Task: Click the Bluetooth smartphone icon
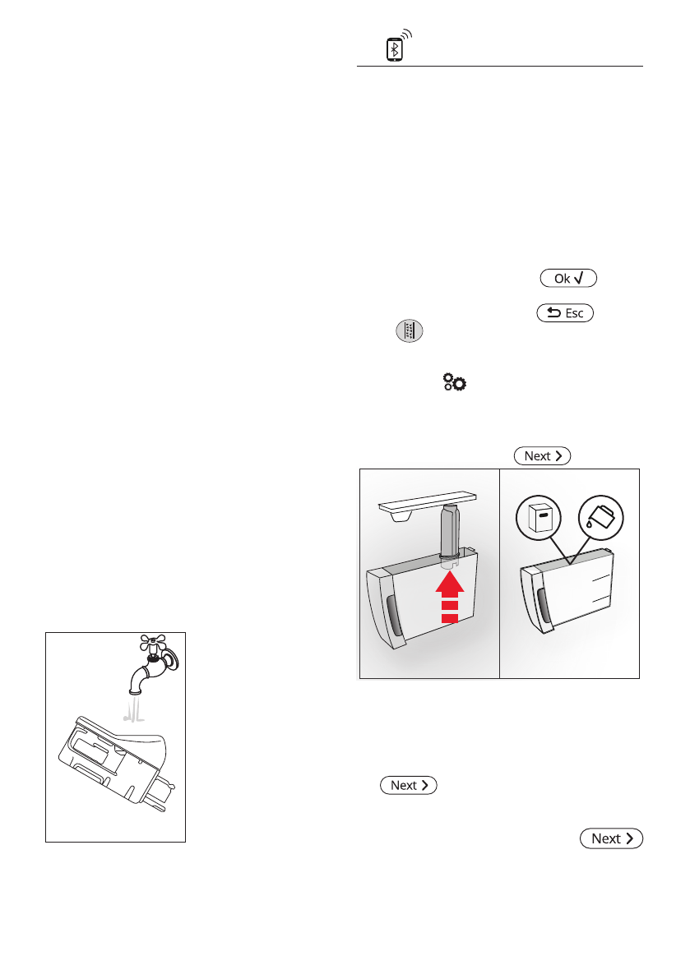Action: point(396,48)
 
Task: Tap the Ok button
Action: point(568,279)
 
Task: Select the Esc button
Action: point(564,312)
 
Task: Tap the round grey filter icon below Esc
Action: point(409,331)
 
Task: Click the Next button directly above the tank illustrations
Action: point(542,455)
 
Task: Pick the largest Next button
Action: point(611,838)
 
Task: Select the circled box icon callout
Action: point(539,519)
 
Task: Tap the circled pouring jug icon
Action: point(600,517)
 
